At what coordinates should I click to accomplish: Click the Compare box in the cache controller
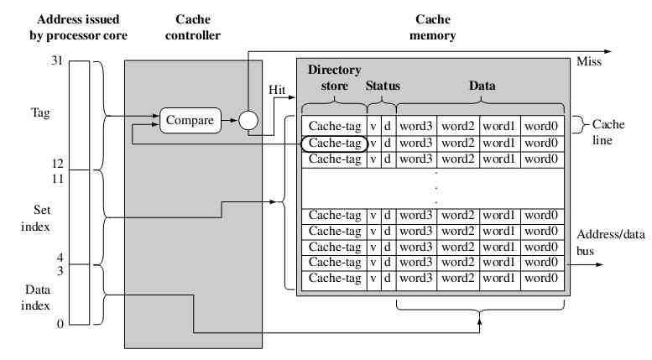point(190,121)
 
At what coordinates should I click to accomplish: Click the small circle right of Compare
point(248,121)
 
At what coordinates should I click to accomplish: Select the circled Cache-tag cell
point(334,143)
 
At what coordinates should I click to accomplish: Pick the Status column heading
point(383,86)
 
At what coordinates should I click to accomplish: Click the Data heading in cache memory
point(481,86)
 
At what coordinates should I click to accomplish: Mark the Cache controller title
point(192,26)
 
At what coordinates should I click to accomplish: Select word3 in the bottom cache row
point(416,278)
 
